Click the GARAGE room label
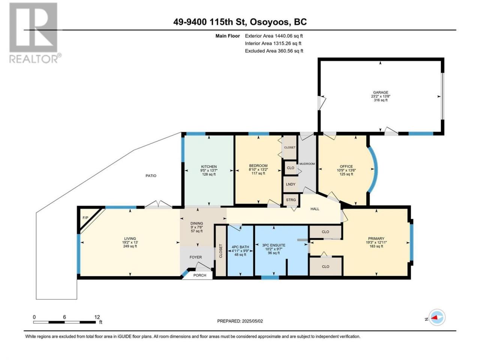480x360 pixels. pos(381,93)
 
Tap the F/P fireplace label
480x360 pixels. pos(85,218)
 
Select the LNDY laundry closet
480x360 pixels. pos(291,184)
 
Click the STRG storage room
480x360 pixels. pos(291,200)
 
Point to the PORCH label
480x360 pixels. pos(199,275)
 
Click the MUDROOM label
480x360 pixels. pos(307,164)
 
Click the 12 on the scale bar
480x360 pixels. pos(97,317)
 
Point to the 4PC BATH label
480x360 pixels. pos(240,247)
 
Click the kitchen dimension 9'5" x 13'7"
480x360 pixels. pos(209,171)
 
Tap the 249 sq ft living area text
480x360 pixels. pos(130,246)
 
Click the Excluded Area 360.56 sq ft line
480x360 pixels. pos(274,51)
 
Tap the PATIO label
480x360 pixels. pos(151,175)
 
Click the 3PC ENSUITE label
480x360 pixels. pos(274,245)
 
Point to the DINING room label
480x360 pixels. pos(196,223)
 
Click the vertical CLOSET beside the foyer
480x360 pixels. pos(220,251)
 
